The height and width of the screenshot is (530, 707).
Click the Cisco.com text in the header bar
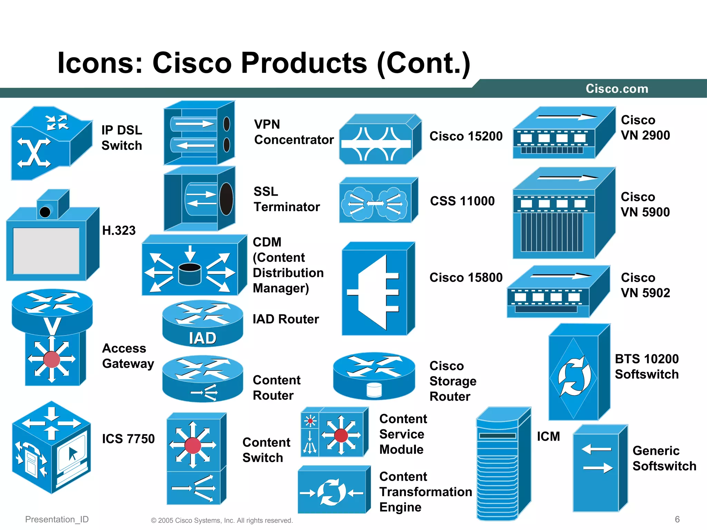[617, 89]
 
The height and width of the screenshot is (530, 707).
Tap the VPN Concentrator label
[294, 132]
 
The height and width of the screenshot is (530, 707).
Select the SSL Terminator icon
[200, 199]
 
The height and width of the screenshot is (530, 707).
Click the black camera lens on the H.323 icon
[45, 212]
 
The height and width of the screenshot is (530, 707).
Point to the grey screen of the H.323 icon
[46, 251]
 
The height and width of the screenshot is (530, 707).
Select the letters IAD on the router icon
[203, 338]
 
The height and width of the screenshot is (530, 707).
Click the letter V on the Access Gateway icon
[52, 326]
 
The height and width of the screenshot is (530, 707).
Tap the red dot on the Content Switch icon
[193, 445]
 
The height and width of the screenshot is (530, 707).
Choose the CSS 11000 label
[462, 201]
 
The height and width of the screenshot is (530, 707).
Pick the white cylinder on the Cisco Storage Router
[374, 390]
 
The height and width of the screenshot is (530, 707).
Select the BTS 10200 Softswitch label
[647, 366]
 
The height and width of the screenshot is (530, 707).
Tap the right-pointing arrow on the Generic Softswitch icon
[598, 468]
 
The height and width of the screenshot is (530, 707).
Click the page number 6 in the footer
[677, 519]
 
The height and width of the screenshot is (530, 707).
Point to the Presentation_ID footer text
[57, 519]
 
